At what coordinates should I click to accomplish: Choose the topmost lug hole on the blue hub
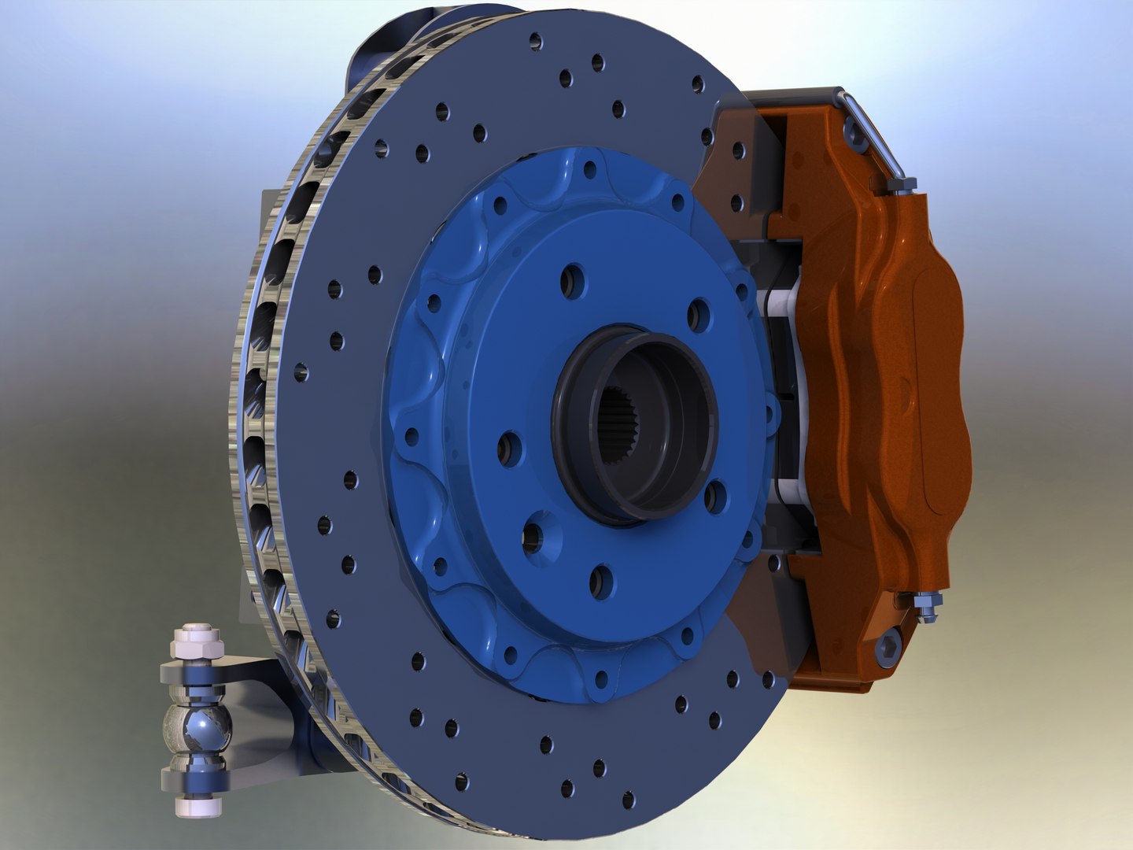(x=573, y=280)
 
